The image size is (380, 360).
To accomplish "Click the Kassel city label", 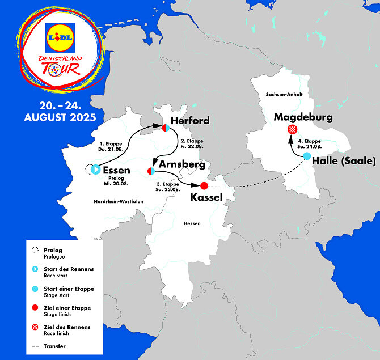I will (206, 197).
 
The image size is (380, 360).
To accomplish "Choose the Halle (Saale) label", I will (344, 161).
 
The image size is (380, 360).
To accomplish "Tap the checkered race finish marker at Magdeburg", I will (292, 130).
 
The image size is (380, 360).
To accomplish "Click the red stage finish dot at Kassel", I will (205, 185).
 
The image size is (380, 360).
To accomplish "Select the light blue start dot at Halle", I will (307, 156).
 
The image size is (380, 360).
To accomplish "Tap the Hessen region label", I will (192, 223).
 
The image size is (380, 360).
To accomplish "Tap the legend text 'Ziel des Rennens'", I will (67, 327).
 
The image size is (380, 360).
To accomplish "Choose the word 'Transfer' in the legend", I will (55, 345).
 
